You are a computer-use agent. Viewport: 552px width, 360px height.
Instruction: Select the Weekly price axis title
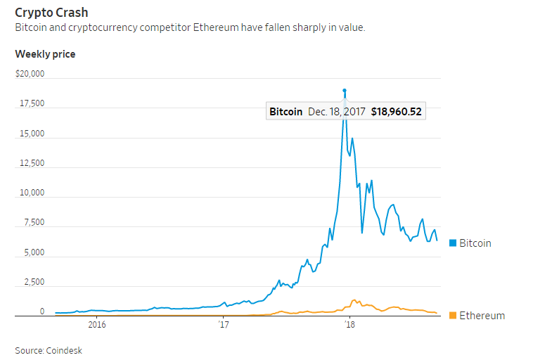point(45,54)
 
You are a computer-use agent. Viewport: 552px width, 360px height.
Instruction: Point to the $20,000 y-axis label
point(30,74)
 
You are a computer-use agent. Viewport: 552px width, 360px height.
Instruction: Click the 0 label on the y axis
point(42,311)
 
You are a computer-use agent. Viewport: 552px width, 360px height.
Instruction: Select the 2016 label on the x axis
point(97,324)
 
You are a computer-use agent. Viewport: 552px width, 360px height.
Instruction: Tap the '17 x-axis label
point(224,324)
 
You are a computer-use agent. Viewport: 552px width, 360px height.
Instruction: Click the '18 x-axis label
point(349,324)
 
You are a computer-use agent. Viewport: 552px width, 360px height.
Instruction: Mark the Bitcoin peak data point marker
point(345,91)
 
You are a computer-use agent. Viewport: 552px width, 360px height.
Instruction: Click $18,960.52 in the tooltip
point(396,112)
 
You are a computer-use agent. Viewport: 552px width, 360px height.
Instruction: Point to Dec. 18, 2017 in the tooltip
point(336,112)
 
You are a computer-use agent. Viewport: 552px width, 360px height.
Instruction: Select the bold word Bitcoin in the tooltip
point(286,112)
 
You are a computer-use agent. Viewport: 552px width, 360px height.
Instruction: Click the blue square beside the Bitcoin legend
point(453,243)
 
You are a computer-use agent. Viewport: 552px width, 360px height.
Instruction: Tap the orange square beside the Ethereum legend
point(453,316)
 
